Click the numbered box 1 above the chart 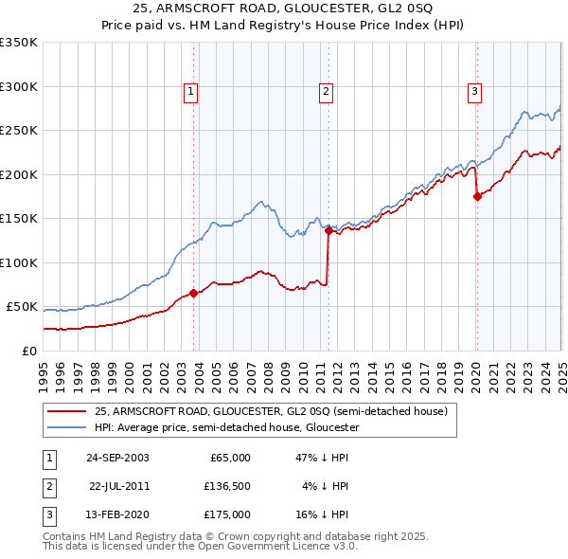[190, 92]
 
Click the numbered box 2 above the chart [326, 92]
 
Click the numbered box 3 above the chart [473, 92]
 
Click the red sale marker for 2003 [194, 294]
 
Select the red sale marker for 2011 [328, 230]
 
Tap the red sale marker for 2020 [477, 196]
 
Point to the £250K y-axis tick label [19, 131]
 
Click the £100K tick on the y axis [19, 262]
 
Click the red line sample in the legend [65, 411]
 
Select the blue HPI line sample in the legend [65, 427]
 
